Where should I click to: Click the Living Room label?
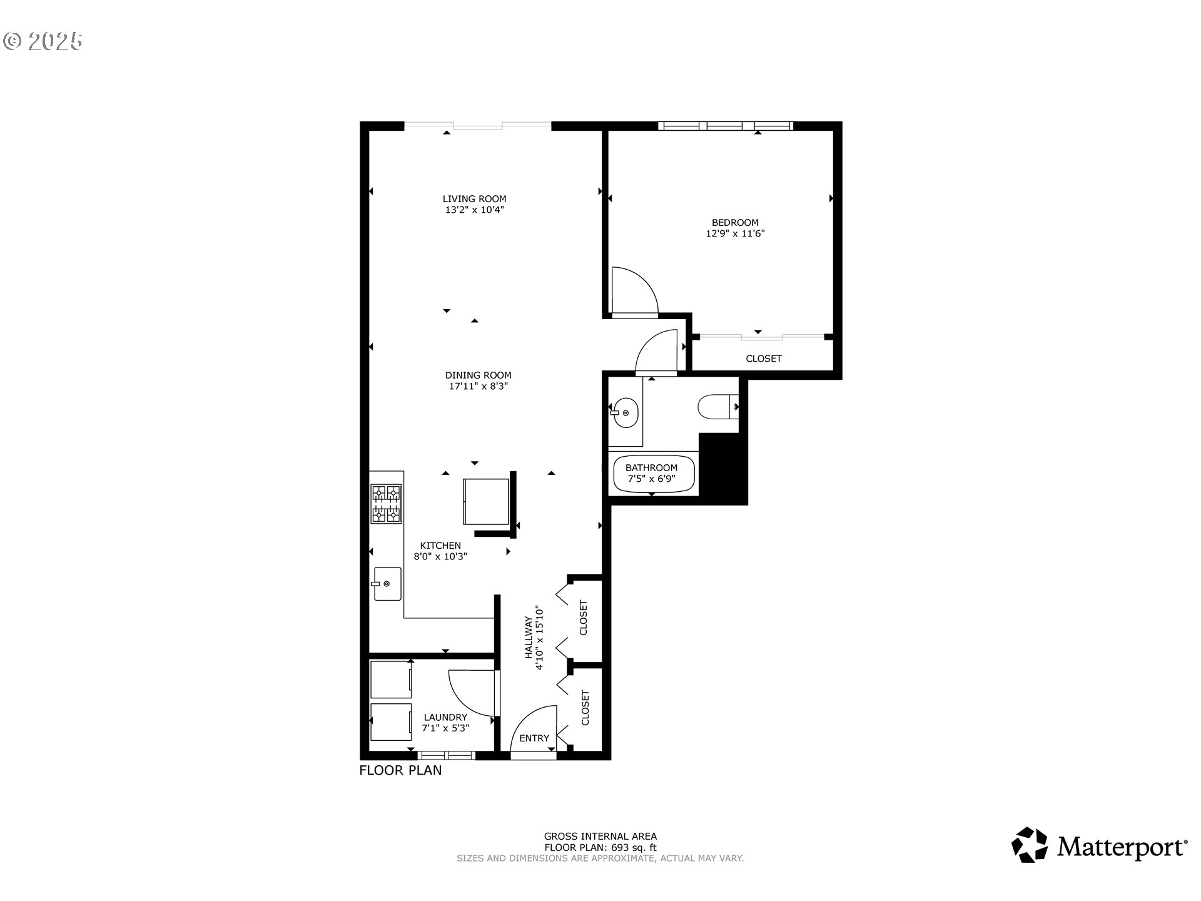point(474,199)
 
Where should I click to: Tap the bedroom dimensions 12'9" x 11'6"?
point(735,234)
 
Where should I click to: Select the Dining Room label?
point(478,375)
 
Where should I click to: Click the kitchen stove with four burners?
point(386,504)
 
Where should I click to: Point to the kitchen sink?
point(387,583)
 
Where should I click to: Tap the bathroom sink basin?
point(625,413)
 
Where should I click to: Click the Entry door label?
point(534,738)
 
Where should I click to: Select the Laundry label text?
point(445,718)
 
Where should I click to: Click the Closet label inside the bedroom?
point(763,359)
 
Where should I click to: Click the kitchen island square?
point(486,501)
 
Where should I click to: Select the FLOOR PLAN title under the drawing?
point(400,770)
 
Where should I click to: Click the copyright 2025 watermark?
point(43,41)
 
